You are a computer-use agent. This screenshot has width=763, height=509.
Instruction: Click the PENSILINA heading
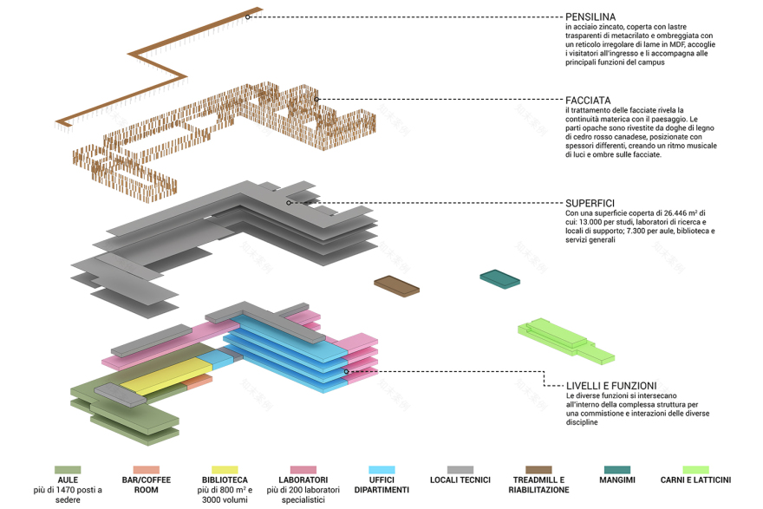click(x=590, y=16)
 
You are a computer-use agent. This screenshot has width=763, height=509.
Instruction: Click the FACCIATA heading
click(x=588, y=101)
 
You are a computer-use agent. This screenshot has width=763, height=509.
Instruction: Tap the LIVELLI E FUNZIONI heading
click(x=611, y=386)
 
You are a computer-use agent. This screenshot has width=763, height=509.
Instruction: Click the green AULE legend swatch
click(x=68, y=470)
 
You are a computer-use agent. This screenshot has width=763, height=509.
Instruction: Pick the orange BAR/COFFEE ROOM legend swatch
click(x=146, y=470)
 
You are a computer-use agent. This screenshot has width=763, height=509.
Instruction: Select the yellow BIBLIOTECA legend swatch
click(x=224, y=470)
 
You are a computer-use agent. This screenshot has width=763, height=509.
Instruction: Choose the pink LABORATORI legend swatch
click(x=303, y=470)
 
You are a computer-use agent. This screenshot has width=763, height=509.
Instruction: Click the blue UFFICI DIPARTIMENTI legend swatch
click(x=381, y=470)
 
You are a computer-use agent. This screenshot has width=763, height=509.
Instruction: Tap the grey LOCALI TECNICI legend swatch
click(x=460, y=470)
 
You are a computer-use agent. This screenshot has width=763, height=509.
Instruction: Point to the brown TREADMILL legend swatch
click(x=538, y=470)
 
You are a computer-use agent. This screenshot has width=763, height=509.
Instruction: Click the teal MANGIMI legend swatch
click(x=617, y=470)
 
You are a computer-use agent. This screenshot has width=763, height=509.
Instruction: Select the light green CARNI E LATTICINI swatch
click(x=695, y=470)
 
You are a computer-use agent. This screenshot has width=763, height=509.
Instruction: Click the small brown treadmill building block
click(x=396, y=285)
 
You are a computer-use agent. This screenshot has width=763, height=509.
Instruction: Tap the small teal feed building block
click(x=500, y=277)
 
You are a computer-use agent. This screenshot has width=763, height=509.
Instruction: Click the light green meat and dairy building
click(x=564, y=338)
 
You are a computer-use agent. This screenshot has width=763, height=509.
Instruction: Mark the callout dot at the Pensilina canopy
click(x=248, y=16)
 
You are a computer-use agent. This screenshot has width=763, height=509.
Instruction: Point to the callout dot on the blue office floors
click(x=346, y=371)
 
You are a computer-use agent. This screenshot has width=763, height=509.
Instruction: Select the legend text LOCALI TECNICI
click(x=460, y=480)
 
